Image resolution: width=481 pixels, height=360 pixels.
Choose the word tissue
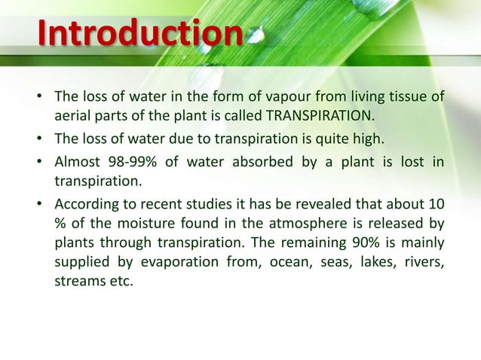[409, 96]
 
